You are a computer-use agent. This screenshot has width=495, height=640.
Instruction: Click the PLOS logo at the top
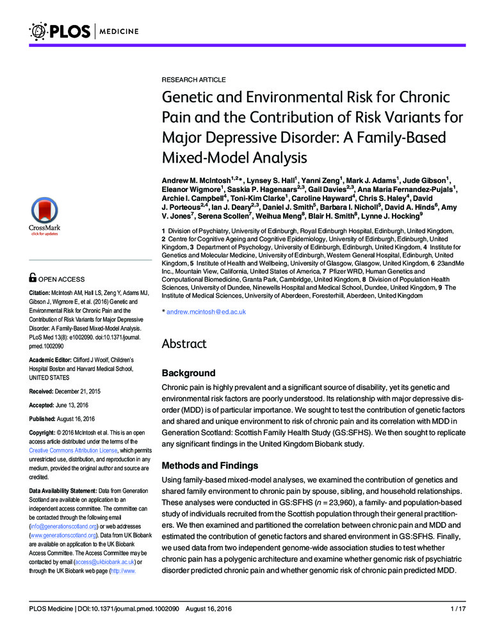(61, 30)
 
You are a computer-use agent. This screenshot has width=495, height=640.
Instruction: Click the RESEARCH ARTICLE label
(193, 79)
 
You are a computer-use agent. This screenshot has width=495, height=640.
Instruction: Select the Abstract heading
(184, 344)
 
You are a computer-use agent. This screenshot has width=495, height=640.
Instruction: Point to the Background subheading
(188, 372)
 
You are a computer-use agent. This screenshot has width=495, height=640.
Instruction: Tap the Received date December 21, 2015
(83, 390)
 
